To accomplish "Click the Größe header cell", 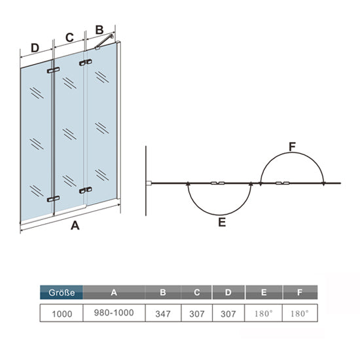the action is coord(62,293).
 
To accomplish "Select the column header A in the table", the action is coord(114,293).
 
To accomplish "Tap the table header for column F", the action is coord(300,293).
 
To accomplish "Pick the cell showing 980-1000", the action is coord(114,313).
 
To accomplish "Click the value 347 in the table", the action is coord(163,314).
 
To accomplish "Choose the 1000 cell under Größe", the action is coord(62,314).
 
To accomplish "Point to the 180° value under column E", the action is coord(263,314).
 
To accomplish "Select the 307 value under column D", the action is coord(228,314).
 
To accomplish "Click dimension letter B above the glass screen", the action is coord(99,30).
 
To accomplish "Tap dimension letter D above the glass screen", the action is coord(35,48).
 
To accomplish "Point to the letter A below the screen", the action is coord(75,225).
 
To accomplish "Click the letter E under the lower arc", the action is coord(222,222).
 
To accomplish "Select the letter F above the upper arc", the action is coord(292,147).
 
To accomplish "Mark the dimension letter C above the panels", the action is coord(69,37).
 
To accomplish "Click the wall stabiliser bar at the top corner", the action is coord(105,41).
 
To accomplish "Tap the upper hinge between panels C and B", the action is coord(86,62).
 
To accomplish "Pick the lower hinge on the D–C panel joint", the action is coord(53,199).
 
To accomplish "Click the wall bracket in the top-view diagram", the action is coord(149,183).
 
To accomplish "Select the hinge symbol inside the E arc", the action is coord(218,183).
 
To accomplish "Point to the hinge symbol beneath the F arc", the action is coord(282,183).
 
